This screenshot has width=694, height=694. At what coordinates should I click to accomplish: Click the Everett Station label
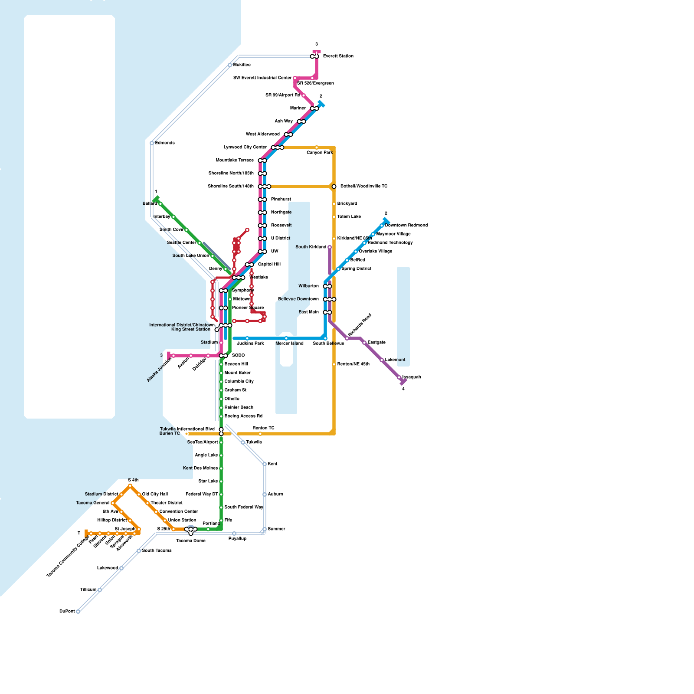click(338, 56)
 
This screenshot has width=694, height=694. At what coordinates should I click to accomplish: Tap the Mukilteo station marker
click(230, 65)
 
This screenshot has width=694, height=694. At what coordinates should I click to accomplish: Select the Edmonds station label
click(165, 143)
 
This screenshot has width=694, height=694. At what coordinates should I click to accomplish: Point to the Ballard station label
click(150, 204)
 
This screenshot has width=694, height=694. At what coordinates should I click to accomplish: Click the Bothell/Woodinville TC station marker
click(334, 187)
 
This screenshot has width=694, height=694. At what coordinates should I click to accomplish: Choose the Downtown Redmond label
click(406, 226)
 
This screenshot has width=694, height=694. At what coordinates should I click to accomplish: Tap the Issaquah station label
click(412, 377)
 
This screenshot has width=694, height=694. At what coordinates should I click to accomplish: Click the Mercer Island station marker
click(286, 338)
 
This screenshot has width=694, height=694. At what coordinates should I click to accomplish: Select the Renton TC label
click(263, 428)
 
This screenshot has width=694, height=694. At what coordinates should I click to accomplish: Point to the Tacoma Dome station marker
click(191, 530)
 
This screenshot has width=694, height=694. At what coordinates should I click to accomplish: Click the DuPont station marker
click(78, 612)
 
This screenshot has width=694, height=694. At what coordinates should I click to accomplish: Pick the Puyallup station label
click(237, 539)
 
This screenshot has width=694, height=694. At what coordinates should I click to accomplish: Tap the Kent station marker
click(265, 464)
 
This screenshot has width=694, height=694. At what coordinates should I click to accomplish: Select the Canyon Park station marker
click(317, 147)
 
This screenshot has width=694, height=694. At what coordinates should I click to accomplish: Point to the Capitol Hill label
click(269, 265)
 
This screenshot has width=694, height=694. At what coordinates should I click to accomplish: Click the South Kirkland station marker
click(330, 247)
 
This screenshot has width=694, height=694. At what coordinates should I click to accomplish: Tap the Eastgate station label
click(376, 343)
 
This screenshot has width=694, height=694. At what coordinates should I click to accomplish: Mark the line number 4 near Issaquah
click(403, 389)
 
